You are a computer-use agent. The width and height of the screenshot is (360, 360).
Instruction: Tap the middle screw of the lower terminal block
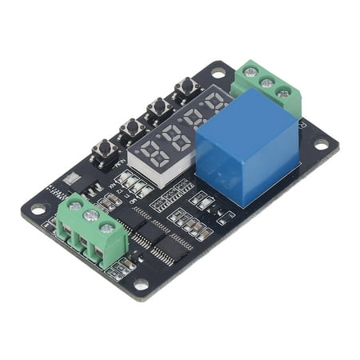91,217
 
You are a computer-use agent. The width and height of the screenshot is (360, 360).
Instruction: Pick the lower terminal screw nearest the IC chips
107,228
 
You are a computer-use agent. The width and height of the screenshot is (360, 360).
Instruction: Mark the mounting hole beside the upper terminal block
218,74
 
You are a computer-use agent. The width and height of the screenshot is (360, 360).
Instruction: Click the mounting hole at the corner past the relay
321,145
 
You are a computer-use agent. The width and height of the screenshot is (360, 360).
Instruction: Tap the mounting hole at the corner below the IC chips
141,283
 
